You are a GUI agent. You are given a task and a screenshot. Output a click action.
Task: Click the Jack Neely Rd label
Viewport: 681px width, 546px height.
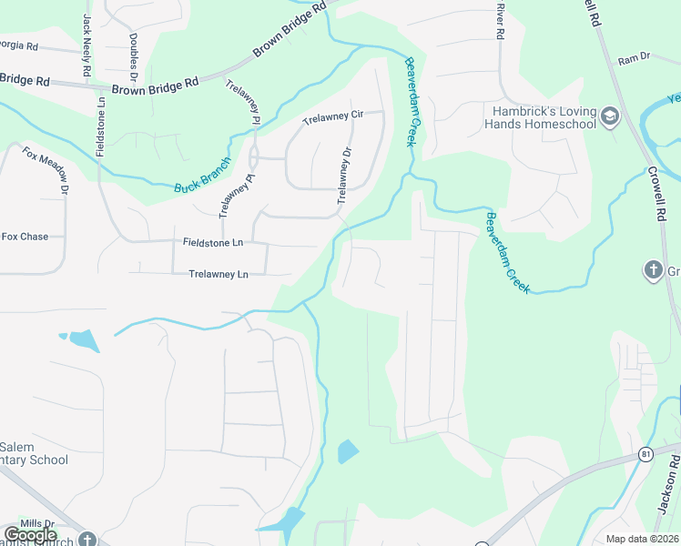(87, 44)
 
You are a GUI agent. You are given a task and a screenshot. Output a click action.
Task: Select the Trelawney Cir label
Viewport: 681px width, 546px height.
(332, 116)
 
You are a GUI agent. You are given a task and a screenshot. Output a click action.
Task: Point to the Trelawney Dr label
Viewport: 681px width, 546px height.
(344, 176)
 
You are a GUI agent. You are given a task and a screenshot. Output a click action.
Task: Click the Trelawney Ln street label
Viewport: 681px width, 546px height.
(219, 274)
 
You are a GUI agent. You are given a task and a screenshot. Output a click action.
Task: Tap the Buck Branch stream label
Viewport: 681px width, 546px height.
(203, 177)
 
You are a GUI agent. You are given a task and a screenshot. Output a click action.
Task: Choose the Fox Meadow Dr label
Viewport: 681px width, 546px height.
(46, 171)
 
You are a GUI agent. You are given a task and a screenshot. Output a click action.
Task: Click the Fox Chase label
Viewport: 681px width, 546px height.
(25, 237)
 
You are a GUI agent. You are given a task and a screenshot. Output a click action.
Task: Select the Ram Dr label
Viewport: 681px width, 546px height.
(634, 58)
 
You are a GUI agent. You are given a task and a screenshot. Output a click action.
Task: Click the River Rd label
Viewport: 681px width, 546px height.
(500, 20)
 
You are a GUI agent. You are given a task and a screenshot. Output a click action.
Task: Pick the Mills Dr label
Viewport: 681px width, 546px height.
(37, 524)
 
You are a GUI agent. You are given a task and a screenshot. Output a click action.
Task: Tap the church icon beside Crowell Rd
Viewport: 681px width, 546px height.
(653, 270)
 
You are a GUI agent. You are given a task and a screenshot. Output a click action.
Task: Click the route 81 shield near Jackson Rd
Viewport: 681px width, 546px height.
(646, 453)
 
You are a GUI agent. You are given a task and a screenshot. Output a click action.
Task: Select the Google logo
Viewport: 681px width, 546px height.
(31, 535)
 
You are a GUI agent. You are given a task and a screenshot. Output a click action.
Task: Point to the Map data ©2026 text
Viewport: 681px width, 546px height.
(642, 539)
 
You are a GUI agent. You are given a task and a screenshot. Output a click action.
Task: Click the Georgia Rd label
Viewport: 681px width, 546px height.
(18, 45)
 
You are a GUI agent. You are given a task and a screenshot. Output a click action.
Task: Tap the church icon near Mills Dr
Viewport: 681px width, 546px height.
(87, 539)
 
